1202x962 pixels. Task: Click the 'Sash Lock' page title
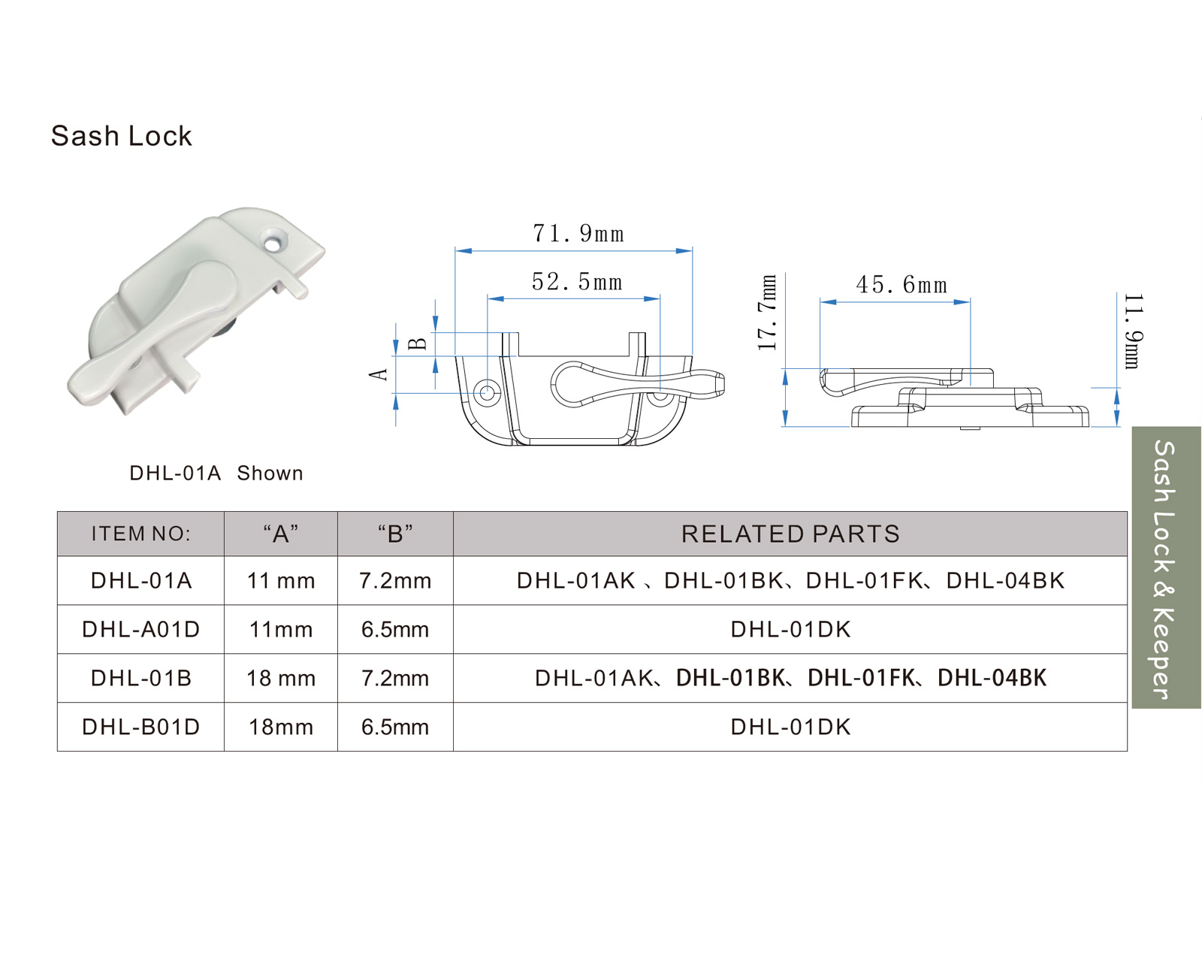pyautogui.click(x=122, y=136)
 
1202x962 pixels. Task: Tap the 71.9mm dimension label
pyautogui.click(x=578, y=234)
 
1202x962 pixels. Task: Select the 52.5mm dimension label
pyautogui.click(x=577, y=283)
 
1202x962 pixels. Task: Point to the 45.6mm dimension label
pyautogui.click(x=901, y=286)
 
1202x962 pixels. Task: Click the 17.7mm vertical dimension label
pyautogui.click(x=767, y=313)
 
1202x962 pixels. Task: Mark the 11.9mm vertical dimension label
pyautogui.click(x=1133, y=331)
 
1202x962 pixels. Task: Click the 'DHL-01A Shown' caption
pyautogui.click(x=216, y=473)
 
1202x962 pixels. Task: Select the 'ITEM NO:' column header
pyautogui.click(x=140, y=534)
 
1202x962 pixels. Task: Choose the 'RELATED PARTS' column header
pyautogui.click(x=790, y=534)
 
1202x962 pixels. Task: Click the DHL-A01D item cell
pyautogui.click(x=140, y=630)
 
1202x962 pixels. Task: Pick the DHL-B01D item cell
pyautogui.click(x=140, y=728)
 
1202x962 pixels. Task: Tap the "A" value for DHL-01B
pyautogui.click(x=281, y=679)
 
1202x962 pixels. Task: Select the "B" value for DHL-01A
pyautogui.click(x=395, y=581)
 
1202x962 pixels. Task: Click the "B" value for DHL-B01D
pyautogui.click(x=395, y=728)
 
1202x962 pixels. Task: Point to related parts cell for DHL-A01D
pyautogui.click(x=790, y=630)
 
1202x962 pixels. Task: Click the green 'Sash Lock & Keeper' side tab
pyautogui.click(x=1166, y=568)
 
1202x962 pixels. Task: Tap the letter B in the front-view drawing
pyautogui.click(x=418, y=344)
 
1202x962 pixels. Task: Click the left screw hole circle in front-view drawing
pyautogui.click(x=487, y=392)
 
